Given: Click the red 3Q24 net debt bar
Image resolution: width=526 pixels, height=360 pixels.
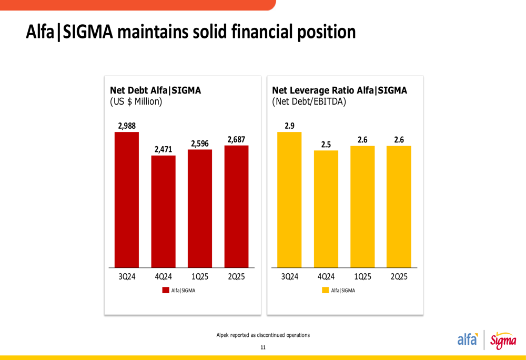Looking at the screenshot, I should point(127,200).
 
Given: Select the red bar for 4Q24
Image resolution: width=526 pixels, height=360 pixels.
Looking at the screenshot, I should point(163,211).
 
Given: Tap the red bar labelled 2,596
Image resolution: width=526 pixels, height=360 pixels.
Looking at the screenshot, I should point(200,209).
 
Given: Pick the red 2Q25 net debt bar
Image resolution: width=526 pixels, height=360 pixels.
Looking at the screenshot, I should point(236,207).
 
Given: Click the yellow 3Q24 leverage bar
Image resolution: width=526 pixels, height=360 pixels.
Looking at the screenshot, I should point(289,200).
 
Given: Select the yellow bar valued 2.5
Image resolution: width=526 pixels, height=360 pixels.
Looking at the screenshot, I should point(326,209).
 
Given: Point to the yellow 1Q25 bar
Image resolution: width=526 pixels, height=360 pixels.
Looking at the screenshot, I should point(362,207).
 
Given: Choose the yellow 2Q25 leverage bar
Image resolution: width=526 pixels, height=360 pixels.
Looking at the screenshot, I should point(399,207).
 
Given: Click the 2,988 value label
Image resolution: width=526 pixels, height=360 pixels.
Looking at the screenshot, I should point(127,126).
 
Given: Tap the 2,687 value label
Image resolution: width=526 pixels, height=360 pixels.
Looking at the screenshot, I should point(236,139).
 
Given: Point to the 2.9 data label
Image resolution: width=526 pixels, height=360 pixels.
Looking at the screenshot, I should point(289,126).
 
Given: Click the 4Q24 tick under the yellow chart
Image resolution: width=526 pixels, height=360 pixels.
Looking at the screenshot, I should point(326,276).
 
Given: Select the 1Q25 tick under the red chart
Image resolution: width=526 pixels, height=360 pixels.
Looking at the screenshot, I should point(200,276).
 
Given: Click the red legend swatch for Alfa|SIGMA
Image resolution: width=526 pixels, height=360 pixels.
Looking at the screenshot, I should point(166,290).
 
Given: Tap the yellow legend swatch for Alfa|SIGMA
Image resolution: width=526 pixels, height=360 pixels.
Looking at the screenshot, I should point(325,290).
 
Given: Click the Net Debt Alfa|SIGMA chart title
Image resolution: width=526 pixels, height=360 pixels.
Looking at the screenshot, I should point(155,90).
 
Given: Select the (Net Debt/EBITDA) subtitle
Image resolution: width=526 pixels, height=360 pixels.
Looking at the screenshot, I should point(309,102).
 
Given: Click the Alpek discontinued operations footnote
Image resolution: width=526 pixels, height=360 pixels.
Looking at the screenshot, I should point(263,335).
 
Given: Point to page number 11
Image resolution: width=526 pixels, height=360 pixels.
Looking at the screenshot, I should point(263,347).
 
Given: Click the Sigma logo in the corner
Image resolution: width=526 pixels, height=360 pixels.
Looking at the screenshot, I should point(503,341).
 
